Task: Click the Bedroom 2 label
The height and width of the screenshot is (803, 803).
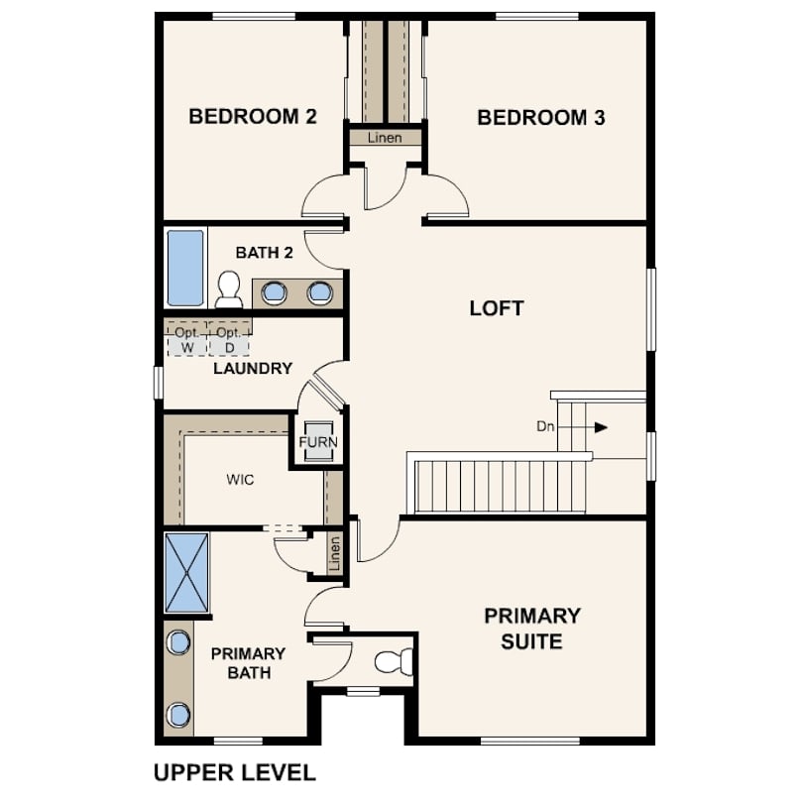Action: pos(253,117)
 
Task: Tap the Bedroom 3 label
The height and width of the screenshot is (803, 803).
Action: pos(541,118)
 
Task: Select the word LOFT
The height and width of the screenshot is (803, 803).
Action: pos(497,308)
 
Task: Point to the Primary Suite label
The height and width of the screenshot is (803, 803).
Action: pos(532,629)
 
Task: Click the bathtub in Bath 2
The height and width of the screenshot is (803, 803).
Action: pos(185,268)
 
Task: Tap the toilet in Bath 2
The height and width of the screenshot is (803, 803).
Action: pos(228,289)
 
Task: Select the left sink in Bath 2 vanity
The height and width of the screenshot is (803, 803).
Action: pos(275,292)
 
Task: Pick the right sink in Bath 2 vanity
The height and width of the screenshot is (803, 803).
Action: pos(320,292)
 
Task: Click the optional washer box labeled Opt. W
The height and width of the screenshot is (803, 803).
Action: pos(187,339)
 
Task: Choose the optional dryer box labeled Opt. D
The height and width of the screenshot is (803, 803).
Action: pos(229,339)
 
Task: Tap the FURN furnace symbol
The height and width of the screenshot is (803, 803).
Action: pos(318,441)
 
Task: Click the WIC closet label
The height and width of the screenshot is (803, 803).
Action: pos(240,480)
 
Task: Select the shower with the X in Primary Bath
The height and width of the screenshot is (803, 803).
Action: pos(187,572)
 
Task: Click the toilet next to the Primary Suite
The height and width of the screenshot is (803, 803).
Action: pos(394,661)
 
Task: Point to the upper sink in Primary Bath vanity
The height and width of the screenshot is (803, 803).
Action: pos(178,642)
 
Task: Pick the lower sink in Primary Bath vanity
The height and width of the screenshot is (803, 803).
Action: pos(178,715)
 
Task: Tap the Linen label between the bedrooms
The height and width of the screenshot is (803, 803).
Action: pos(385,138)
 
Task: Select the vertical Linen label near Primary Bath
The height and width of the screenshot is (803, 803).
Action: pos(334,554)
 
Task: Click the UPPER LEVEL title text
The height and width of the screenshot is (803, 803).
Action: pos(235,773)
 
